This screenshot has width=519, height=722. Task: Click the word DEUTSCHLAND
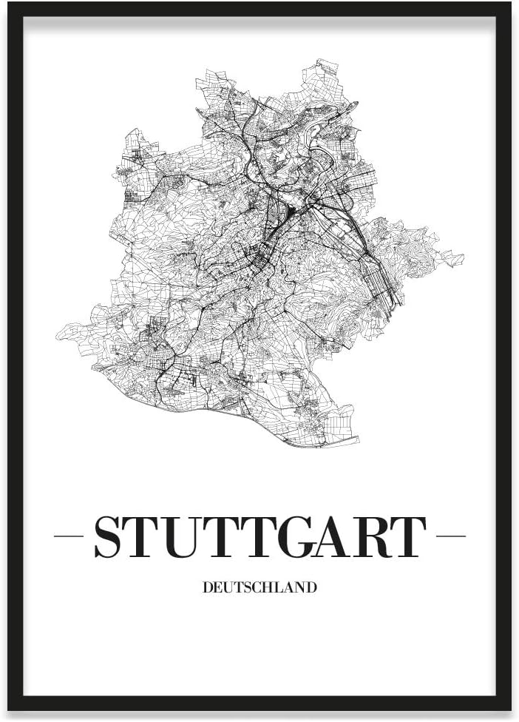[259, 588]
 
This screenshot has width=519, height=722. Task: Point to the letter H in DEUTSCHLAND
[268, 588]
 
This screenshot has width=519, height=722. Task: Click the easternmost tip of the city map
[464, 258]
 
